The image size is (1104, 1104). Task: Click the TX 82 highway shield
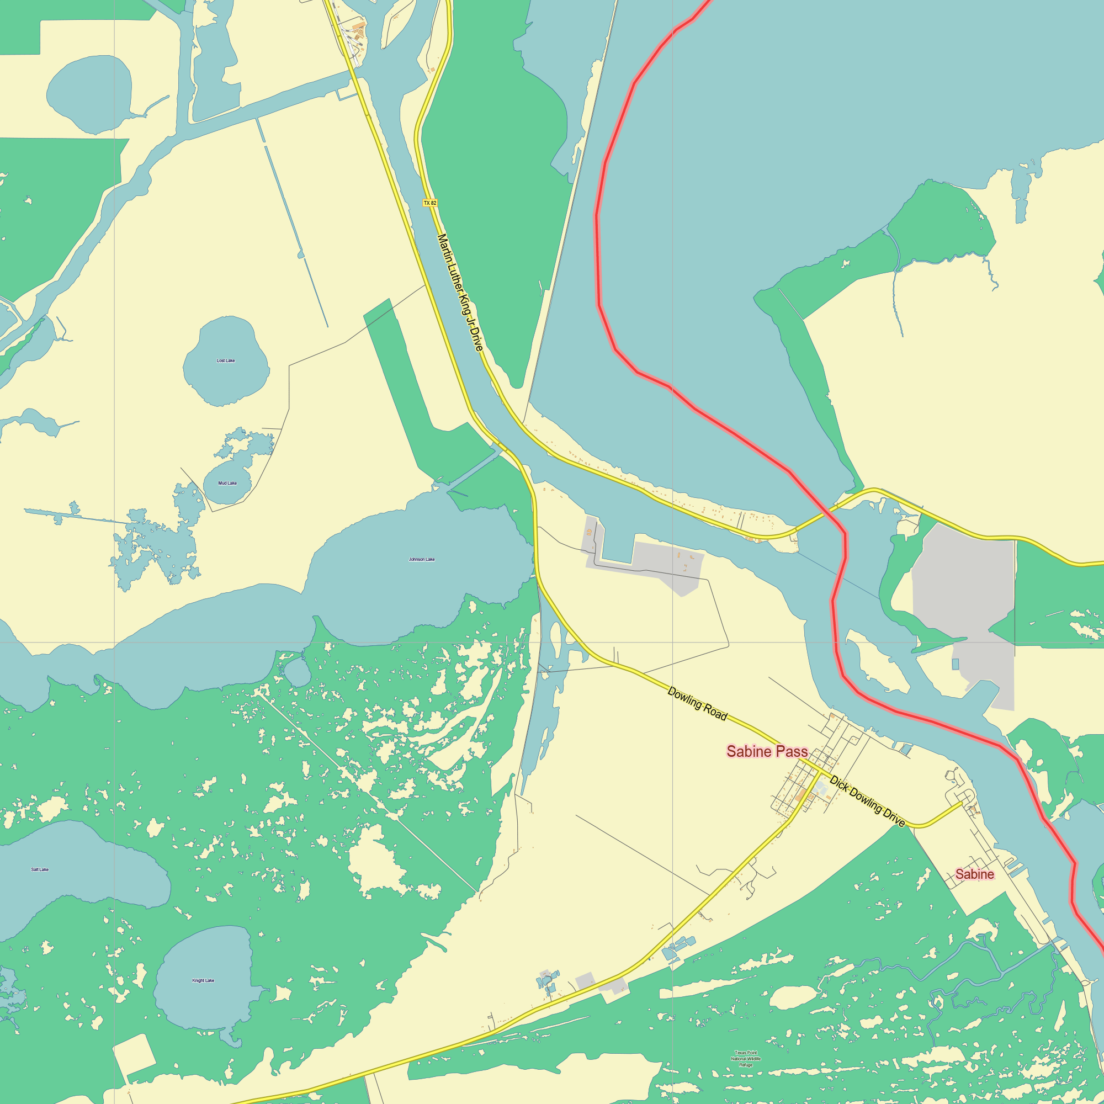tap(429, 203)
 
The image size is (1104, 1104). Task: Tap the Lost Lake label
tap(226, 360)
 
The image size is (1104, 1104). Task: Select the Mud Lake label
tap(227, 483)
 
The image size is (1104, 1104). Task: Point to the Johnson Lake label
tap(422, 559)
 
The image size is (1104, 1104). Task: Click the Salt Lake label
tap(40, 869)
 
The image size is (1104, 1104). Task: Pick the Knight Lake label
tap(204, 980)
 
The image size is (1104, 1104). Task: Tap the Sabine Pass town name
tap(767, 751)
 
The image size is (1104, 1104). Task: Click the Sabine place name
tap(974, 874)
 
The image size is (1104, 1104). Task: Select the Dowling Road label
tap(697, 703)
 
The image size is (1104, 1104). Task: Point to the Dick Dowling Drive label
tap(867, 801)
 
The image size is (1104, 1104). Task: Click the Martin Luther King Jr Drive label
tap(460, 292)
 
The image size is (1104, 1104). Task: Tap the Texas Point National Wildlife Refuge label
tap(746, 1058)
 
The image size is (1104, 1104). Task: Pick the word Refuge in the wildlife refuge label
tap(746, 1065)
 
